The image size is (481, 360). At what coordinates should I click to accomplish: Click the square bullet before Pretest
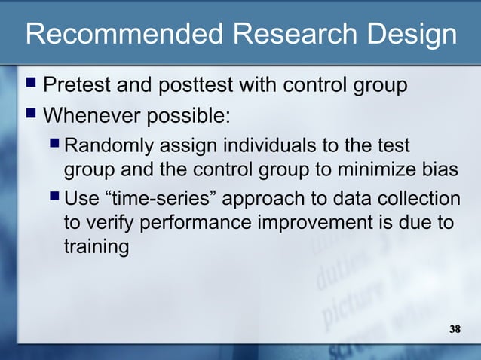[x=31, y=84]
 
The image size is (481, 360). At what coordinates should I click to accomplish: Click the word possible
[x=191, y=117]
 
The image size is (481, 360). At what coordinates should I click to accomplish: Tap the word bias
[x=439, y=170]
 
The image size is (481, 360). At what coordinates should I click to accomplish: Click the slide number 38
[x=454, y=330]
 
